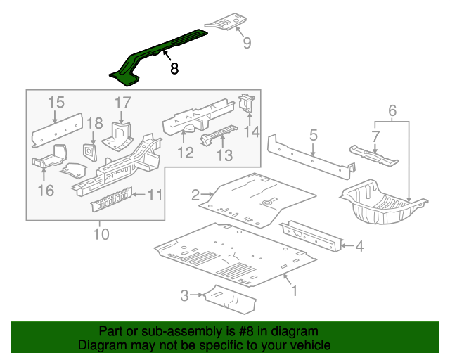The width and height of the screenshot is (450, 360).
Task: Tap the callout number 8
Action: (174, 68)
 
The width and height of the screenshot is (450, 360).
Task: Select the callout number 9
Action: (246, 44)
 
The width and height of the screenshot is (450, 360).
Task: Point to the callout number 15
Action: (56, 103)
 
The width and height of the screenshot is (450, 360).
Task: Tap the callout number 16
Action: (46, 191)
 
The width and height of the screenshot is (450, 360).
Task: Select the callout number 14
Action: (252, 131)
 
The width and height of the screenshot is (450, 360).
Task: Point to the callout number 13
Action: (224, 155)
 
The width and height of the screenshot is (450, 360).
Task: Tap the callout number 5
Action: (314, 134)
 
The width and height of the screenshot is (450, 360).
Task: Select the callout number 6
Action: (392, 110)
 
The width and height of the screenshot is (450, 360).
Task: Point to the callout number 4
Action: (359, 246)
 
